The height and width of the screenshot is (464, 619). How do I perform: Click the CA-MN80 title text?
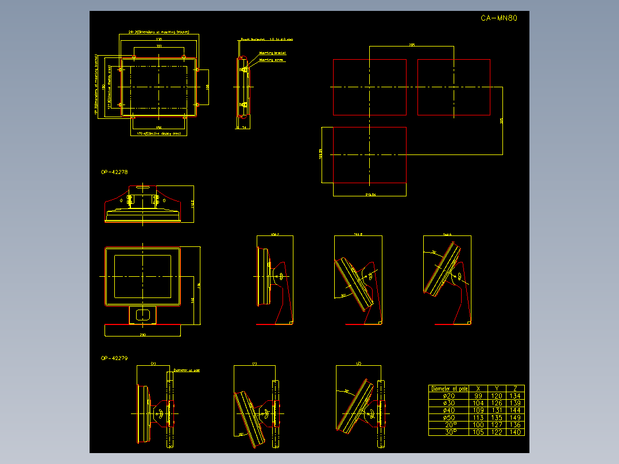click(499, 18)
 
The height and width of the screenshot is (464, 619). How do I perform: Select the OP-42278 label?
click(114, 172)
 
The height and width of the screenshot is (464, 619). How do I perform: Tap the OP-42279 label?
click(114, 358)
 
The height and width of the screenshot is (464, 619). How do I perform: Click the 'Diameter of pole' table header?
click(450, 389)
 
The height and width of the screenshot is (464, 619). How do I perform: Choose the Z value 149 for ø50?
click(516, 417)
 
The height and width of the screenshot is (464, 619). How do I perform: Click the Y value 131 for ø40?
click(497, 411)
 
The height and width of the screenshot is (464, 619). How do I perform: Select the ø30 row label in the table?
click(449, 403)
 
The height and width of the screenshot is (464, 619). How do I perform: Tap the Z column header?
click(516, 389)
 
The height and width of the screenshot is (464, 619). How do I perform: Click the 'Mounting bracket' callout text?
click(272, 53)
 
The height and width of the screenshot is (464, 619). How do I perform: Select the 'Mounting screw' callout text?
click(271, 59)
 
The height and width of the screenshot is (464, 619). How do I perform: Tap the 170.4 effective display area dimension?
click(158, 133)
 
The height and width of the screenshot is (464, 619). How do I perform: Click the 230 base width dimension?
click(142, 334)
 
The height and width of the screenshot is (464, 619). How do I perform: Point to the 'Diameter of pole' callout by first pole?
click(186, 370)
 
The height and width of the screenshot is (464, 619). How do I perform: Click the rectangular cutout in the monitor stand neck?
click(142, 314)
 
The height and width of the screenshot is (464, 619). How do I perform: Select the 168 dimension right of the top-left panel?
click(208, 86)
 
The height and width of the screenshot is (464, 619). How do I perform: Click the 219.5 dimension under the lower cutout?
click(370, 195)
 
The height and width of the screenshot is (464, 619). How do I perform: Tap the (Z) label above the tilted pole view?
click(359, 364)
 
